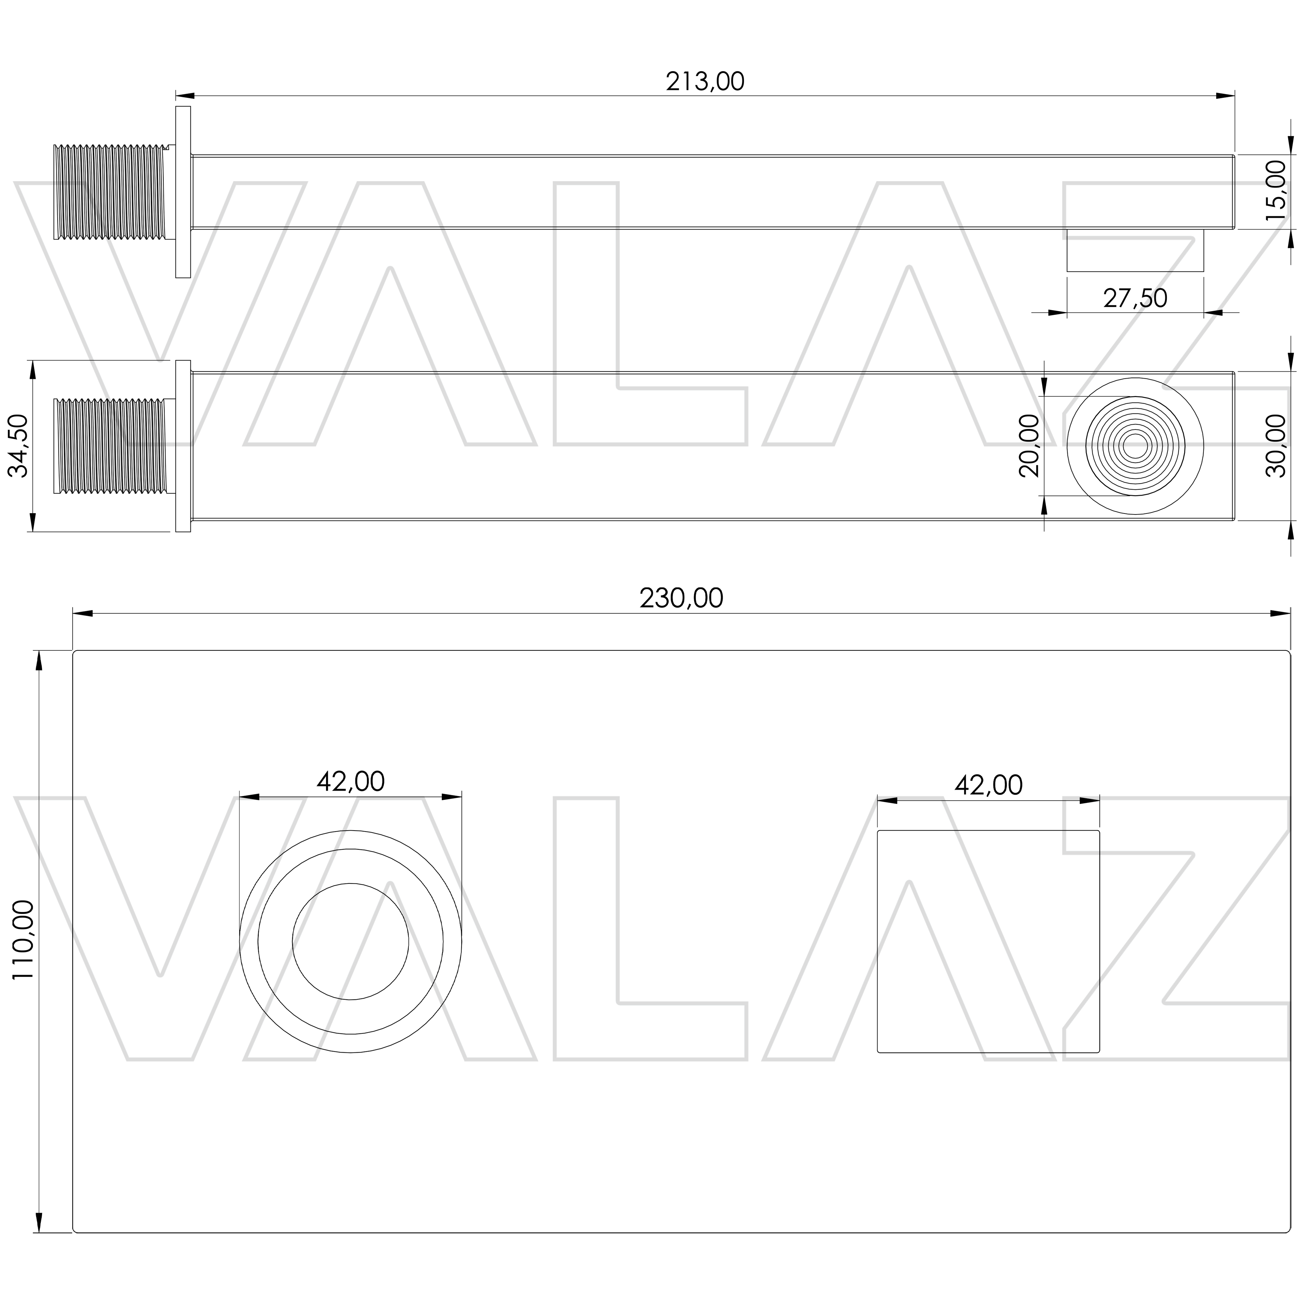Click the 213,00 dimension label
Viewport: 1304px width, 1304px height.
click(705, 82)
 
